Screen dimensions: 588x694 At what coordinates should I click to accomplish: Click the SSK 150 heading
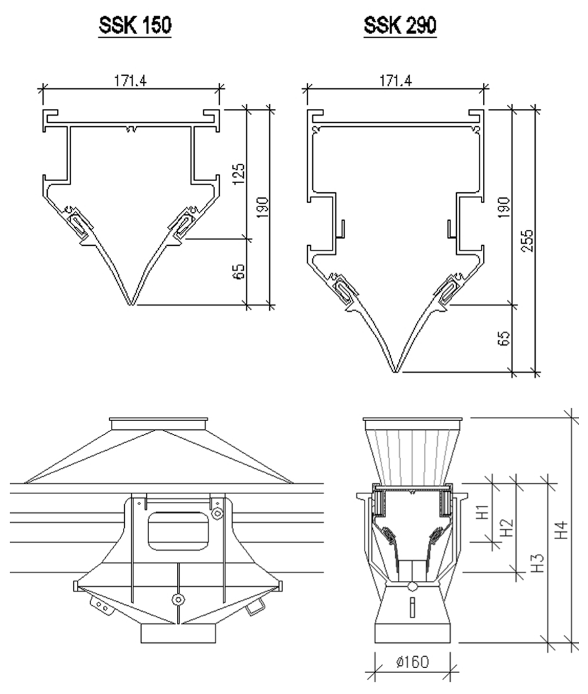[135, 25]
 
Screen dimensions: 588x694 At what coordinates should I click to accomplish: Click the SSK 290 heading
[400, 25]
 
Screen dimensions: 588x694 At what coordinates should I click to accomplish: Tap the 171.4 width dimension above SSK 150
[131, 80]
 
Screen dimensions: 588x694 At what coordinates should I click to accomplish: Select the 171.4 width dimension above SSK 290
[395, 80]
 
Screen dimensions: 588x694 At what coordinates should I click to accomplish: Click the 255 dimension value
[527, 240]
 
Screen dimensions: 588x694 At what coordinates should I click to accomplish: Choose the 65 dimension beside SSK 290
[504, 338]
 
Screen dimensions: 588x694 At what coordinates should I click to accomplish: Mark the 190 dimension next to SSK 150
[263, 207]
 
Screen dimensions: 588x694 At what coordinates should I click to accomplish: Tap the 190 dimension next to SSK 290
[504, 207]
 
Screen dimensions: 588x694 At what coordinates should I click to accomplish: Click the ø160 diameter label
[413, 662]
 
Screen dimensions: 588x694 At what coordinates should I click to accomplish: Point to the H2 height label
[508, 527]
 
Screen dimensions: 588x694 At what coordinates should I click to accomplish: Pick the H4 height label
[561, 530]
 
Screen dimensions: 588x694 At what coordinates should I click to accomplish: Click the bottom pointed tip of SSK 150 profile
[132, 305]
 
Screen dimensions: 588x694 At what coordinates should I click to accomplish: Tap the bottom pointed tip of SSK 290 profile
[396, 372]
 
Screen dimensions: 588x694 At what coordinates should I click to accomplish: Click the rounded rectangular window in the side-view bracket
[178, 531]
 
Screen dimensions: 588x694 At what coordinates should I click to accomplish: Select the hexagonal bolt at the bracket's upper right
[217, 513]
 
